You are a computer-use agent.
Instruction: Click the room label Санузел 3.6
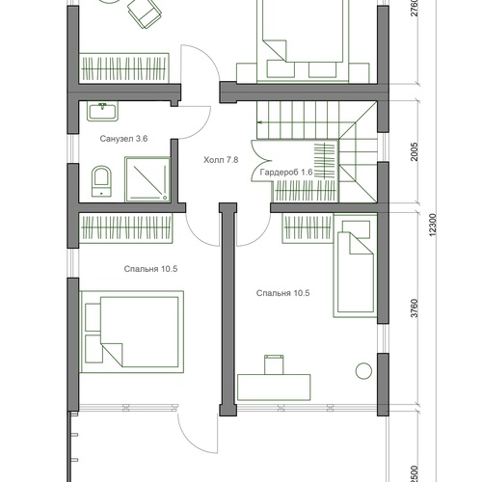[123, 139]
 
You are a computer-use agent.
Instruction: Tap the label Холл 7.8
[221, 160]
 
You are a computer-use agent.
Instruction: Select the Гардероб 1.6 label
[286, 173]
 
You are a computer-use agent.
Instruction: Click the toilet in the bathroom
[101, 181]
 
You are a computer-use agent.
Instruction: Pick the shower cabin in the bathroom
[147, 179]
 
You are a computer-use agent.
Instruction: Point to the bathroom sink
[102, 111]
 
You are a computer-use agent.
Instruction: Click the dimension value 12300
[433, 225]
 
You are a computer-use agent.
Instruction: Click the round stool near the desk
[363, 371]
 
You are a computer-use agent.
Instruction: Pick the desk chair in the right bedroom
[274, 364]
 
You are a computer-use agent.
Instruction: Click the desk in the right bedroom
[274, 388]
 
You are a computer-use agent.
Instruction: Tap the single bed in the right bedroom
[355, 265]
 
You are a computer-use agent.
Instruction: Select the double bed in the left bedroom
[131, 332]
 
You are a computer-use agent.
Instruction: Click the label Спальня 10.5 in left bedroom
[150, 269]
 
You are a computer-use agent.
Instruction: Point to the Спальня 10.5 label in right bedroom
[283, 293]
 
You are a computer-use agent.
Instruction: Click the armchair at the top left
[145, 13]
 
